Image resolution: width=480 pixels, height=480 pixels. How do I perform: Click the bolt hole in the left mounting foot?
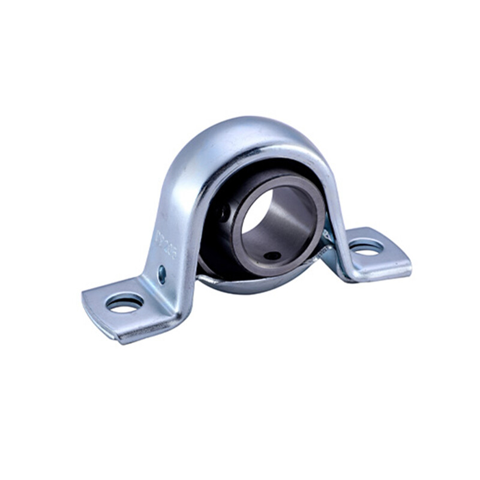[x=124, y=303]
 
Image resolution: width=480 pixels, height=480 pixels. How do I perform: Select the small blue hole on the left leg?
[x=161, y=275]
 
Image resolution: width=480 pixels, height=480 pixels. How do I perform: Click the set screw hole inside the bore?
[x=272, y=256]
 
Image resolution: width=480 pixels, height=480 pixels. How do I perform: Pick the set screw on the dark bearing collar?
[x=223, y=212]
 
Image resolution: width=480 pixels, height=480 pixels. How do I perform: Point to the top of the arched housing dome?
[x=252, y=129]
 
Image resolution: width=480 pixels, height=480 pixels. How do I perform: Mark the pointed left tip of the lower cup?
[x=199, y=277]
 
